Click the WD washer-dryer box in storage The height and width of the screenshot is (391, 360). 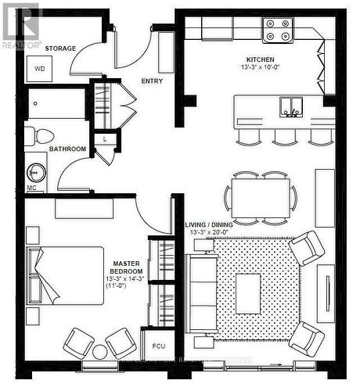[39, 69]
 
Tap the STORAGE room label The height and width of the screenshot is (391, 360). [59, 48]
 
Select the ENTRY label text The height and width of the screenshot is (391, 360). [152, 81]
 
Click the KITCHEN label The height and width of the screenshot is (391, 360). [260, 59]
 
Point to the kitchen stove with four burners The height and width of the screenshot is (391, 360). [277, 29]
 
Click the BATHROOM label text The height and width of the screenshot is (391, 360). [67, 149]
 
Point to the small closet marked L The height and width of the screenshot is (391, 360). [105, 139]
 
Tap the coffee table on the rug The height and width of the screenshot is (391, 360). [247, 293]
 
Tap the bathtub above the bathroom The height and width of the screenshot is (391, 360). [57, 103]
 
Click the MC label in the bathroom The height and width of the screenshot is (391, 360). [31, 188]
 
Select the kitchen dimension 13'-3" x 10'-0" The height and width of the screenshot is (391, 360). [260, 68]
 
